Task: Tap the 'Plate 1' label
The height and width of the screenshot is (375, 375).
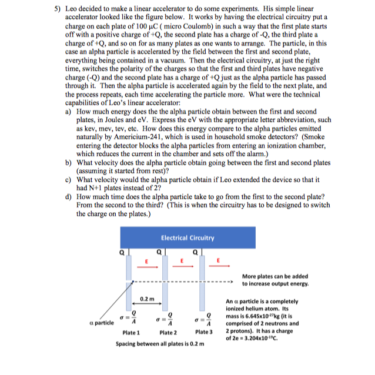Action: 130,332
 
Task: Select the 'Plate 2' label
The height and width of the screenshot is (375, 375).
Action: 167,332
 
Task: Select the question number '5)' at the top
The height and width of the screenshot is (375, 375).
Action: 51,9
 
